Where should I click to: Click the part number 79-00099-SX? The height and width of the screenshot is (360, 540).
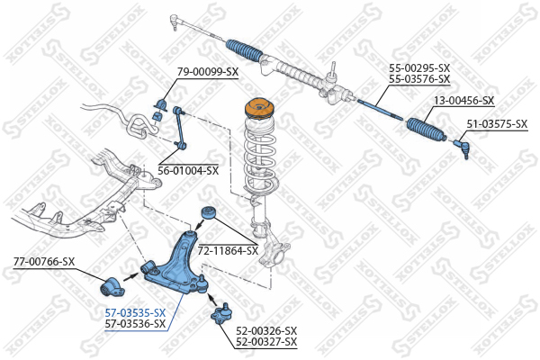pyautogui.click(x=208, y=72)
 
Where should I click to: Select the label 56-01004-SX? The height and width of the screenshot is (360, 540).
pyautogui.click(x=188, y=170)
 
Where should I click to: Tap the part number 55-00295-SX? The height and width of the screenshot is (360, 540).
pyautogui.click(x=419, y=67)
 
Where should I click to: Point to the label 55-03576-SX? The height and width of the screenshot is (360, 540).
pyautogui.click(x=419, y=79)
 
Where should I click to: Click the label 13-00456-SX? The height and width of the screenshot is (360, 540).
pyautogui.click(x=463, y=101)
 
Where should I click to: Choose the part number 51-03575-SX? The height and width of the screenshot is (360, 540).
pyautogui.click(x=497, y=123)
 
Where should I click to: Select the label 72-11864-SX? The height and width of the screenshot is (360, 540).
pyautogui.click(x=228, y=250)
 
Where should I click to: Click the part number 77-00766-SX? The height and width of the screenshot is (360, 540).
pyautogui.click(x=44, y=262)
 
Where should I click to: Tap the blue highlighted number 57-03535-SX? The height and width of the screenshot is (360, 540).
pyautogui.click(x=135, y=313)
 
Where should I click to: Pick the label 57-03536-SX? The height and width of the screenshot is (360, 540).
pyautogui.click(x=135, y=323)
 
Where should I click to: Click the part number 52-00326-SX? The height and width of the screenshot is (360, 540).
pyautogui.click(x=266, y=331)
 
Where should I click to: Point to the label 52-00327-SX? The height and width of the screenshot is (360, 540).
pyautogui.click(x=266, y=342)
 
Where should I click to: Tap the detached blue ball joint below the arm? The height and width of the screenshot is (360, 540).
pyautogui.click(x=220, y=313)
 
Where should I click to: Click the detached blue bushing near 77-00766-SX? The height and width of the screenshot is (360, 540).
pyautogui.click(x=112, y=286)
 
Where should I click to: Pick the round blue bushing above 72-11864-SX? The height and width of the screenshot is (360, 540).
pyautogui.click(x=209, y=212)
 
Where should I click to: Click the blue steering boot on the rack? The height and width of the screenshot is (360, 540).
pyautogui.click(x=244, y=50)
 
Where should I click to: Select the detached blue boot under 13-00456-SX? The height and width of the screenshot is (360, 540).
pyautogui.click(x=427, y=130)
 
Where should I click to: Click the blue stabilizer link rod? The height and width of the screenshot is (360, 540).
pyautogui.click(x=179, y=129)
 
